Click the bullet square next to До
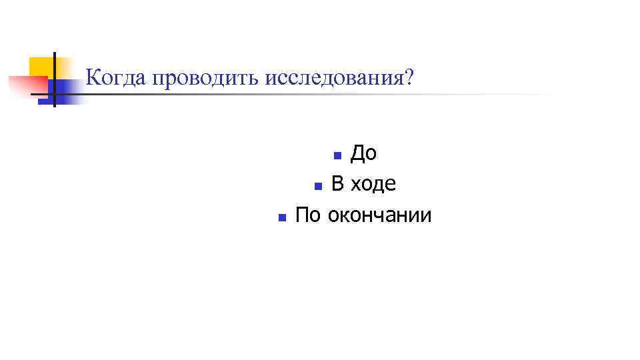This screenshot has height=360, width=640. pyautogui.click(x=337, y=156)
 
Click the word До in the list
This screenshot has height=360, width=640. pyautogui.click(x=363, y=153)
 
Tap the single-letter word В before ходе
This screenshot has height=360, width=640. pyautogui.click(x=338, y=184)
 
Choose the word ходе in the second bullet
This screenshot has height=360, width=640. pyautogui.click(x=373, y=184)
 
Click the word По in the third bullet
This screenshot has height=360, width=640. pyautogui.click(x=307, y=215)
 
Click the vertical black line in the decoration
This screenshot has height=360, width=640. pyautogui.click(x=54, y=80)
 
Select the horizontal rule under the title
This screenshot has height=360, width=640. pyautogui.click(x=300, y=95)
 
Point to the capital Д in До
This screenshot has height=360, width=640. pyautogui.click(x=357, y=153)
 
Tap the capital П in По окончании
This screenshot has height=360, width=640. pyautogui.click(x=302, y=215)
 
